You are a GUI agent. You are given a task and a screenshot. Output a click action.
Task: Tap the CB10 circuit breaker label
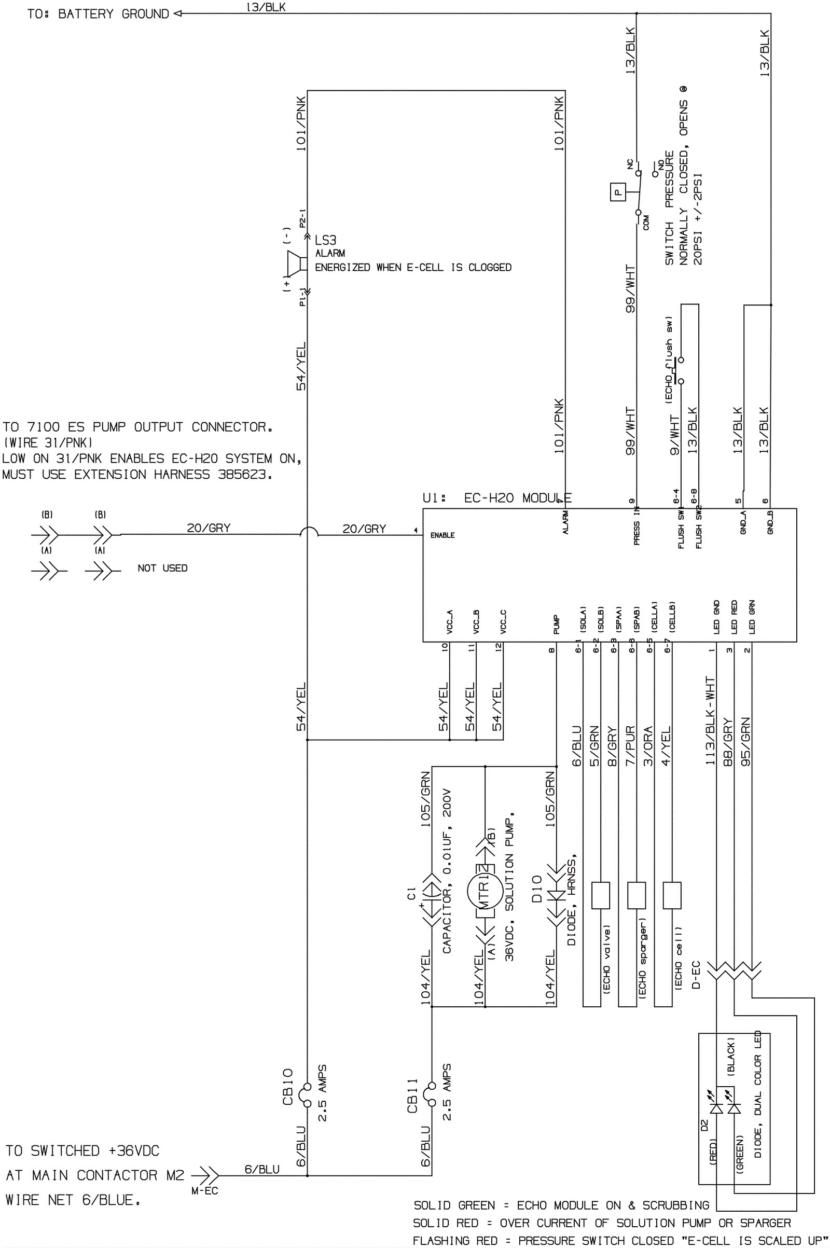[287, 1087]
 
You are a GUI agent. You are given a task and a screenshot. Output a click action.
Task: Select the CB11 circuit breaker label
[412, 1095]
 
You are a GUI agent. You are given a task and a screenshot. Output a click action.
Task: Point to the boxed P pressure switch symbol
[617, 192]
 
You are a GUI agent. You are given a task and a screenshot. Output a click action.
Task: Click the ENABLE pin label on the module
[442, 535]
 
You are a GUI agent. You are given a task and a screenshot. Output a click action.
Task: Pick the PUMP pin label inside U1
[556, 624]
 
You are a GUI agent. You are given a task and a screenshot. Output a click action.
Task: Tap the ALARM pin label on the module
[565, 522]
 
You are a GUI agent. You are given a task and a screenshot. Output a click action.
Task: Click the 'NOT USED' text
[162, 568]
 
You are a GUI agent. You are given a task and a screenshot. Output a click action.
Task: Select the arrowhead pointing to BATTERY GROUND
[178, 14]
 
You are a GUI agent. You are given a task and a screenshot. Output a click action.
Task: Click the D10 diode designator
[537, 889]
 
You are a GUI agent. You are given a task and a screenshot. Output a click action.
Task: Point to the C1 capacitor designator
[411, 893]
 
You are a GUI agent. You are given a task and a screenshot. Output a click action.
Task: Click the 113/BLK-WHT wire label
[710, 720]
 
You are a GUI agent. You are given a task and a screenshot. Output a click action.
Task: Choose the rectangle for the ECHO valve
[600, 895]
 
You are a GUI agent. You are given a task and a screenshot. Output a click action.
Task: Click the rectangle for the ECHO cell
[672, 895]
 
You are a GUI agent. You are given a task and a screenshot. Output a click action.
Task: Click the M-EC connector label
[204, 1191]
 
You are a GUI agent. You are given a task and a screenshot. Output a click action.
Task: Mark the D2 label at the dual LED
[704, 1125]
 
